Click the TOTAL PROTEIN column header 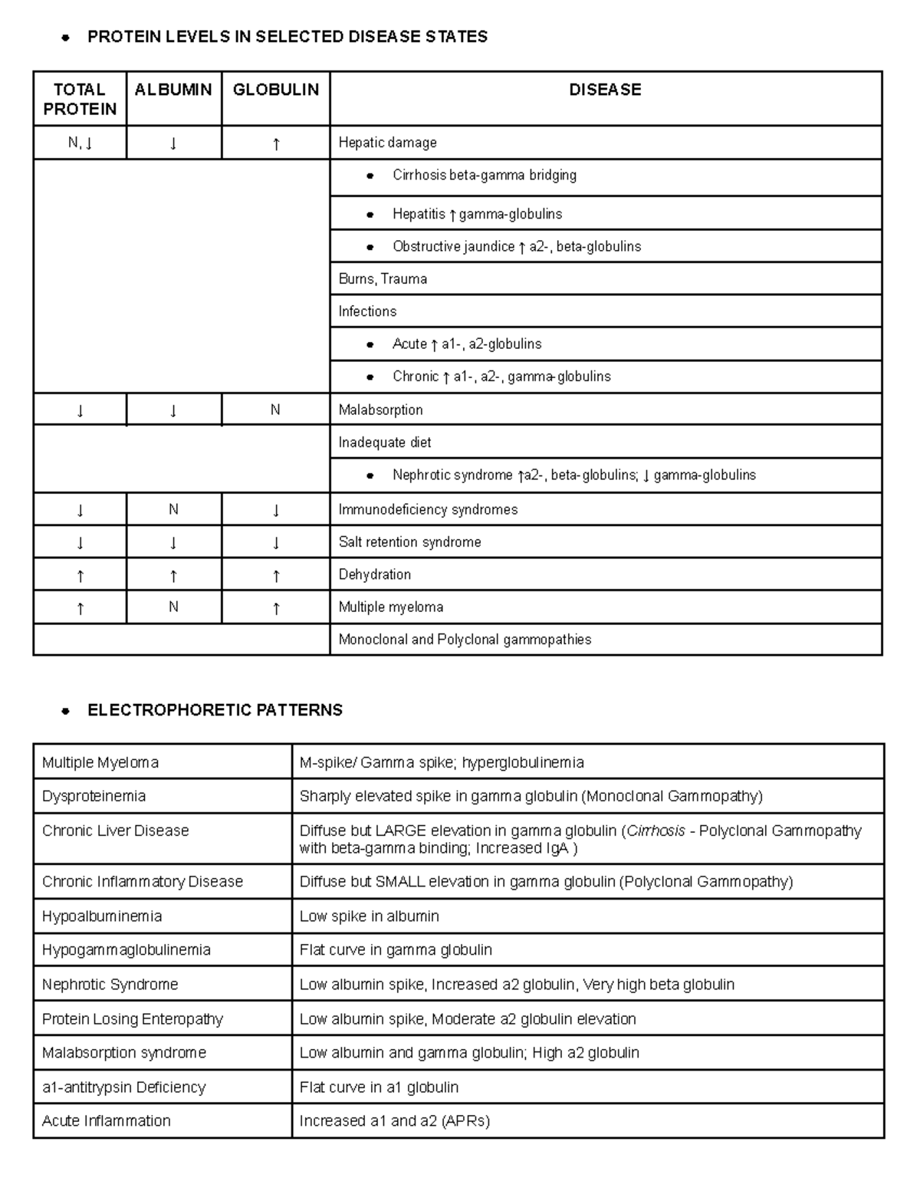coord(80,99)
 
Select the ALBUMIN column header coord(173,90)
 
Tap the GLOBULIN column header coord(276,90)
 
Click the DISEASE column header coord(605,90)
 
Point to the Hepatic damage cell coord(388,143)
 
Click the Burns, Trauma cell coord(383,279)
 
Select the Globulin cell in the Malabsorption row coord(275,410)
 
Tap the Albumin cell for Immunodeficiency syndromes coord(173,509)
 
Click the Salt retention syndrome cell coord(410,542)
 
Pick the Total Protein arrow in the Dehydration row coord(80,575)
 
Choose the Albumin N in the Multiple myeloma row coord(173,607)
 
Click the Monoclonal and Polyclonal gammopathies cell coord(465,640)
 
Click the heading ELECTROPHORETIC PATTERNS coord(215,710)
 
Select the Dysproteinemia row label coord(94,796)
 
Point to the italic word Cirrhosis coord(655,831)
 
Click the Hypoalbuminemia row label coord(102,916)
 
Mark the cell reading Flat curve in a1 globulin coord(379,1087)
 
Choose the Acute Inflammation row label coord(107,1120)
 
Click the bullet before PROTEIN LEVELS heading coord(66,38)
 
